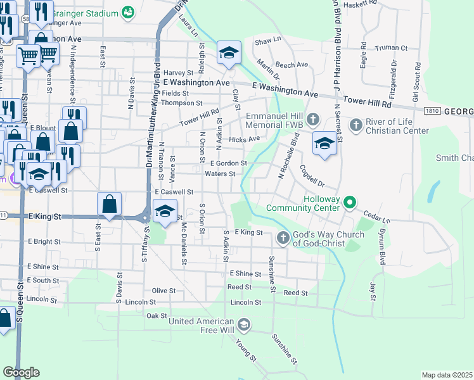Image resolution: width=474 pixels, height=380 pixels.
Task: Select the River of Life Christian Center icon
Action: [355, 125]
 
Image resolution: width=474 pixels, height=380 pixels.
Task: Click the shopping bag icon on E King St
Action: [110, 204]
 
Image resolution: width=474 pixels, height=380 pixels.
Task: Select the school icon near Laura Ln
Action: [229, 53]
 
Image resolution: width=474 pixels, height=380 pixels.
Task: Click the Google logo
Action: [21, 372]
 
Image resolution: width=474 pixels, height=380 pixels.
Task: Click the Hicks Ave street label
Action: [245, 139]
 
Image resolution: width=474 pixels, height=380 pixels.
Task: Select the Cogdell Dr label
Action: [311, 177]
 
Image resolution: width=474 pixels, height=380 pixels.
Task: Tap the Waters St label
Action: [220, 174]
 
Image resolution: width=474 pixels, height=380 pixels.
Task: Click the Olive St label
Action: [163, 291]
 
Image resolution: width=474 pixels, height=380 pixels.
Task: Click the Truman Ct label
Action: [391, 48]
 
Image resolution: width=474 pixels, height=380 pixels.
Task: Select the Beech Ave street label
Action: [291, 65]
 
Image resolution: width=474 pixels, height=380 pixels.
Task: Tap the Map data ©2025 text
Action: [446, 375]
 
